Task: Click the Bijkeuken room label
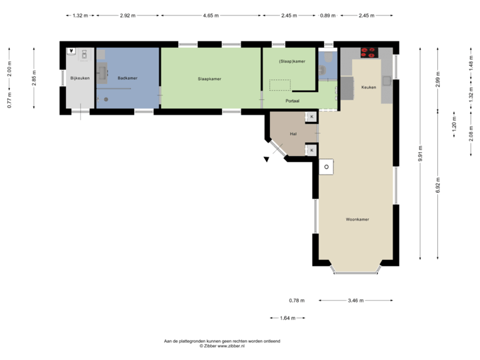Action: click(x=79, y=78)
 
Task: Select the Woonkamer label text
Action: click(x=357, y=219)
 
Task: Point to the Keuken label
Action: click(x=368, y=87)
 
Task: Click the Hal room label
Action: click(x=293, y=133)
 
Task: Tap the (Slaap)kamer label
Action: click(x=293, y=61)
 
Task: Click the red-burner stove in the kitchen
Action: click(x=367, y=52)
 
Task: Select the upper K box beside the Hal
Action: click(x=311, y=117)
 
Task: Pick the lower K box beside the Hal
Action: click(x=311, y=150)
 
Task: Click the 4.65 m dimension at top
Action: click(x=211, y=14)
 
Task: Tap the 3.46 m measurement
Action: click(x=356, y=301)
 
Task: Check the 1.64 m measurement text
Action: click(x=287, y=318)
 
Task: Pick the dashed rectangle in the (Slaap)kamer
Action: click(x=279, y=85)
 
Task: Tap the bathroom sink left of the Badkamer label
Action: click(x=103, y=71)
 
